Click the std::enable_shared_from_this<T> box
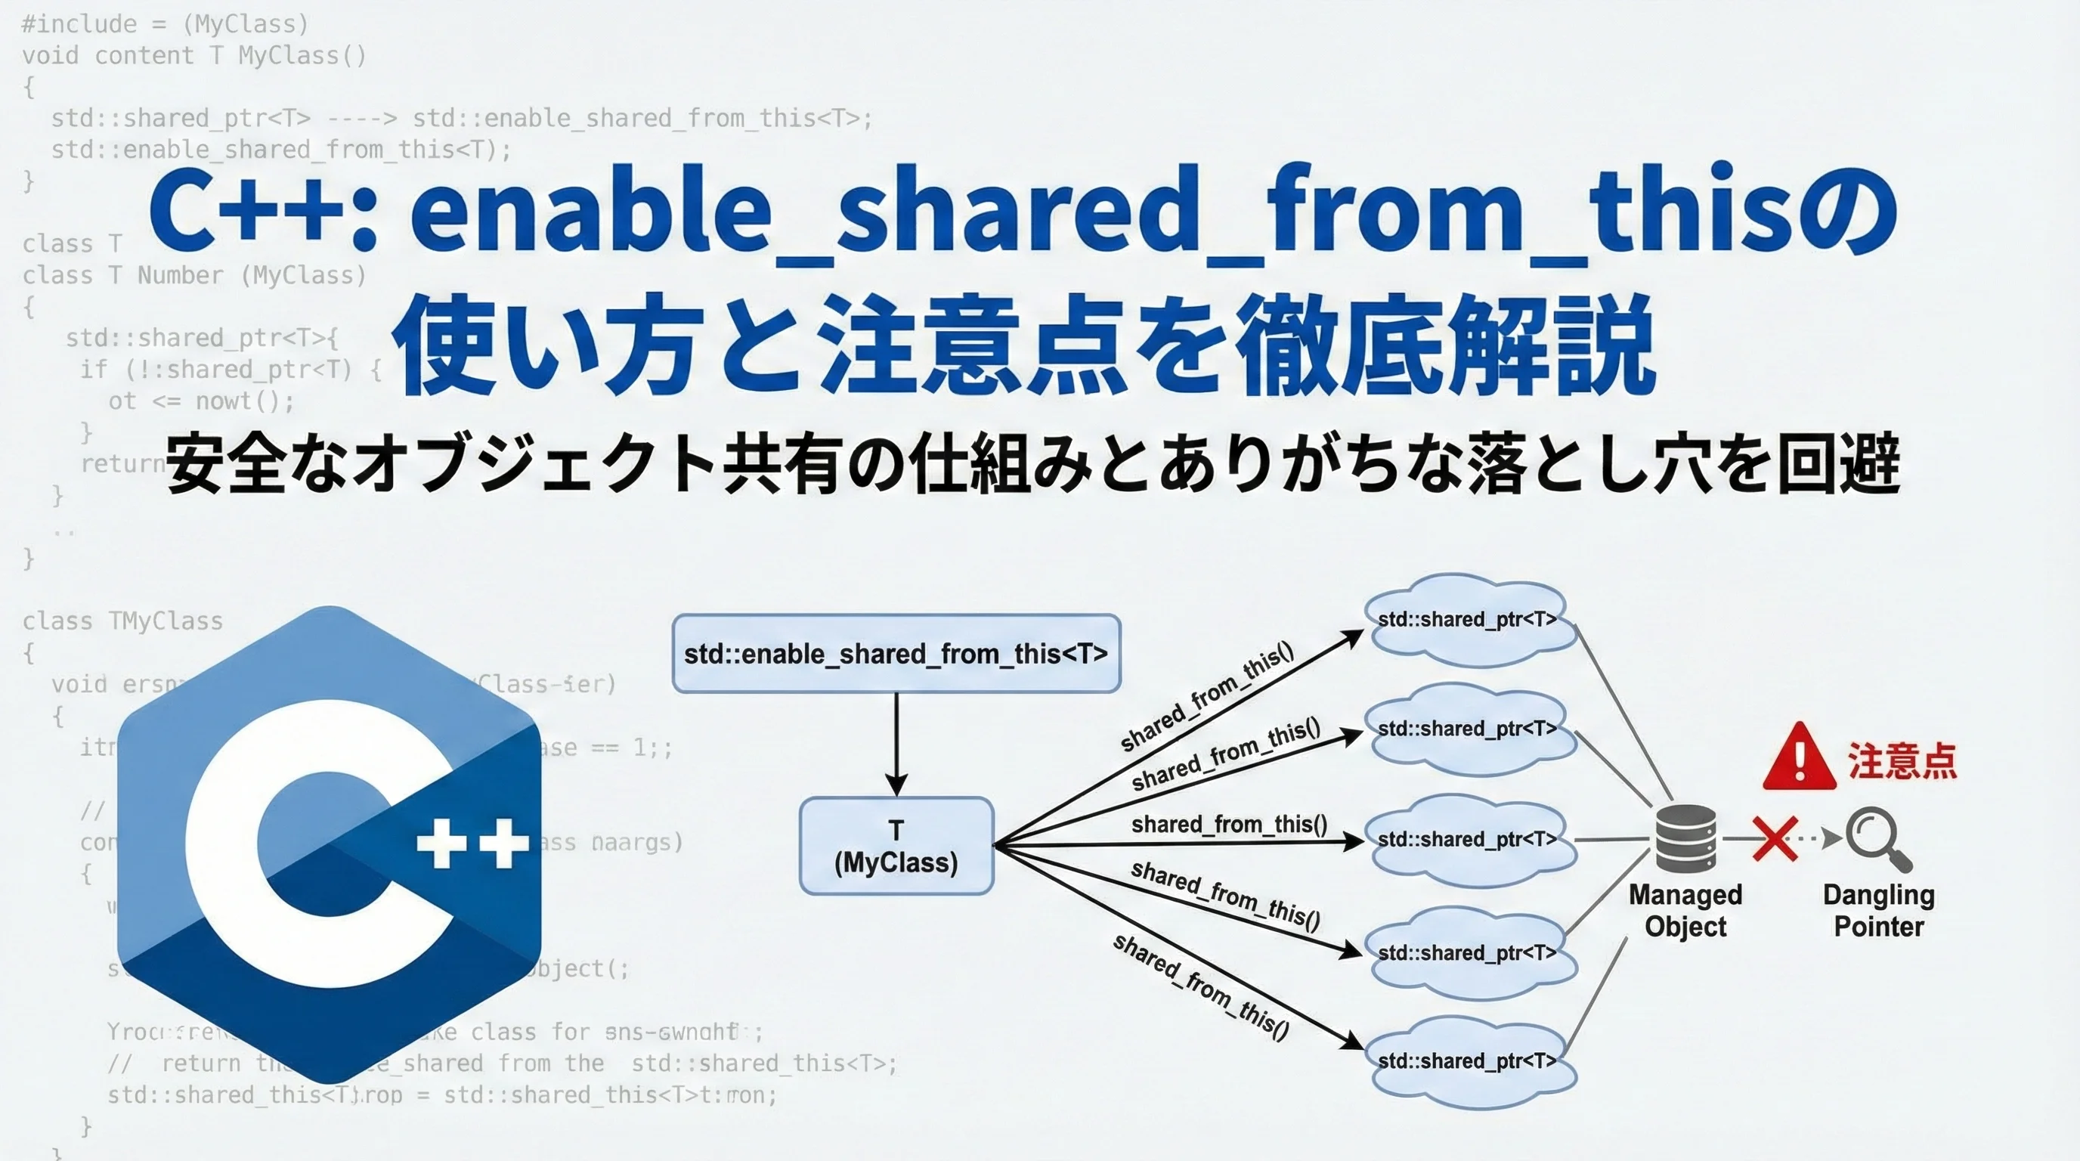(x=896, y=653)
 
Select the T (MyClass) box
(x=896, y=846)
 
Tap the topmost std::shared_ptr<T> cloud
(x=1469, y=620)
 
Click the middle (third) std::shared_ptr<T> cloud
(x=1469, y=840)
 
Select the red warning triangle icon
(x=1799, y=757)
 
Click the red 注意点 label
(x=1902, y=760)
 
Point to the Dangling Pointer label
(x=1878, y=911)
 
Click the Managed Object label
(x=1685, y=911)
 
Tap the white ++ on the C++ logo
(x=472, y=843)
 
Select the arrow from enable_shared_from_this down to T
(x=896, y=744)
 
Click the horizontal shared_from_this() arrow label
(x=1229, y=825)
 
